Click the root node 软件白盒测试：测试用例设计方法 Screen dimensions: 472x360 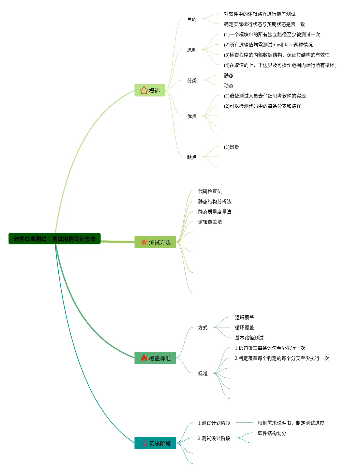click(x=55, y=239)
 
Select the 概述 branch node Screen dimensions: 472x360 click(x=150, y=91)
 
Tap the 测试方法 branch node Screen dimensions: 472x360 click(x=155, y=242)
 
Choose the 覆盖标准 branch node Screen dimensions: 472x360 click(x=155, y=358)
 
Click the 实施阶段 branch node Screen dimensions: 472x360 click(x=155, y=443)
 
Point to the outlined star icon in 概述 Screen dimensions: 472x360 click(x=144, y=90)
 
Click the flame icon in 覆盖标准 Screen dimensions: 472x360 click(x=144, y=358)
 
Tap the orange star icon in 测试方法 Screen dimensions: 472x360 click(x=144, y=242)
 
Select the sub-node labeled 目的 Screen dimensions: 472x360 click(x=192, y=19)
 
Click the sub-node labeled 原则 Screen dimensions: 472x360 click(x=192, y=50)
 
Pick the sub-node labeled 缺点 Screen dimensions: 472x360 click(x=192, y=157)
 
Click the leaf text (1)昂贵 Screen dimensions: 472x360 click(x=231, y=147)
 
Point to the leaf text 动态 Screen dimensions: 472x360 click(x=229, y=86)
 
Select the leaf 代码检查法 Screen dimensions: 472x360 click(x=210, y=192)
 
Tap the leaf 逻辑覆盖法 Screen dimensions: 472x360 click(x=210, y=222)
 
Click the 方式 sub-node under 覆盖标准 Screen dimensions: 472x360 click(x=203, y=328)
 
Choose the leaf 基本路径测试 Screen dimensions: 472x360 click(x=249, y=338)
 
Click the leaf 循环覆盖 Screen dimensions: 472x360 click(x=244, y=328)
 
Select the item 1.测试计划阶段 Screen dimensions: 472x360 click(x=214, y=423)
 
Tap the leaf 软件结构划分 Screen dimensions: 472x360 click(x=272, y=433)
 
